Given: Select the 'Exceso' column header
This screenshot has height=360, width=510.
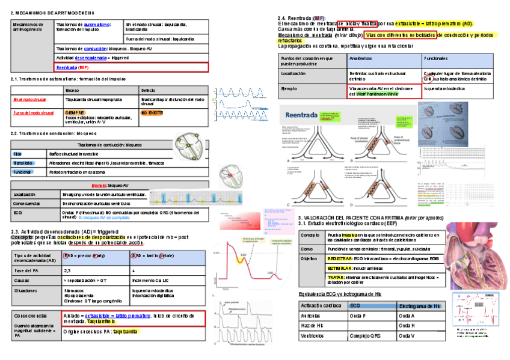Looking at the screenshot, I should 73,90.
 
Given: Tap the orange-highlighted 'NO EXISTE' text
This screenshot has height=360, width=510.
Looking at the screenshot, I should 152,112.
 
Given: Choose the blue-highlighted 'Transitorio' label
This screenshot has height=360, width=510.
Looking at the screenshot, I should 23,163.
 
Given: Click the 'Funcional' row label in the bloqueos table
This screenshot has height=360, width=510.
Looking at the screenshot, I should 22,172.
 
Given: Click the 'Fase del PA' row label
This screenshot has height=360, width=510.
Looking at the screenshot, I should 25,271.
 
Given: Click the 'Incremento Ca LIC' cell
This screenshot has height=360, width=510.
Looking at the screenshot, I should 150,280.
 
